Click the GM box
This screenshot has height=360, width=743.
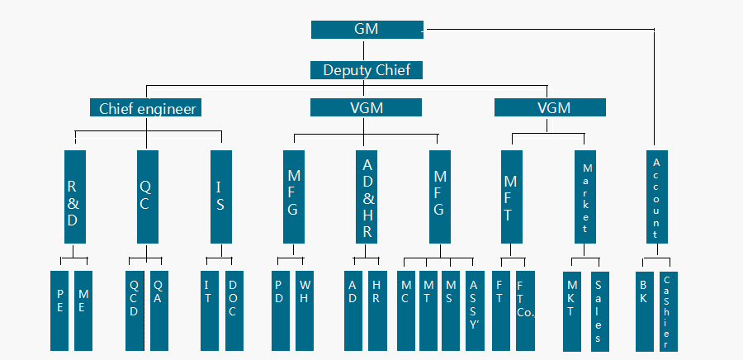pos(367,30)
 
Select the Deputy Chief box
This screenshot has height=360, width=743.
pos(367,70)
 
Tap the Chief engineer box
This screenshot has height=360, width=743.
pos(146,107)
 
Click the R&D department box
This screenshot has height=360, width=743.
pos(75,197)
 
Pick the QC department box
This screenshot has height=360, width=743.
pos(148,197)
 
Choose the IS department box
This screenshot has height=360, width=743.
pos(221,197)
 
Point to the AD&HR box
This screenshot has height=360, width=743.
pos(367,197)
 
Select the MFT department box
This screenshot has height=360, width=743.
pos(512,197)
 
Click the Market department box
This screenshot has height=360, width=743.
pos(585,197)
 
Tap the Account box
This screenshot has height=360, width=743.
pos(657,197)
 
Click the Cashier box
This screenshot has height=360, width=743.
pos(669,311)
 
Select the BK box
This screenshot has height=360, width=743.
pos(645,311)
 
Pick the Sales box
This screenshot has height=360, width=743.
pos(600,311)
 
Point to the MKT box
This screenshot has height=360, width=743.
pos(572,311)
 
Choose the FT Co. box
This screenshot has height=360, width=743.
pos(526,310)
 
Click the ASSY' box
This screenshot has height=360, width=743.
pos(475,310)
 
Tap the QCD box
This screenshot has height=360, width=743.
pos(135,310)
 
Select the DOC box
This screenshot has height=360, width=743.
pos(234,310)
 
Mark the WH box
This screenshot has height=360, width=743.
pos(305,310)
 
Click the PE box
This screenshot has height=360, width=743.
pos(59,310)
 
